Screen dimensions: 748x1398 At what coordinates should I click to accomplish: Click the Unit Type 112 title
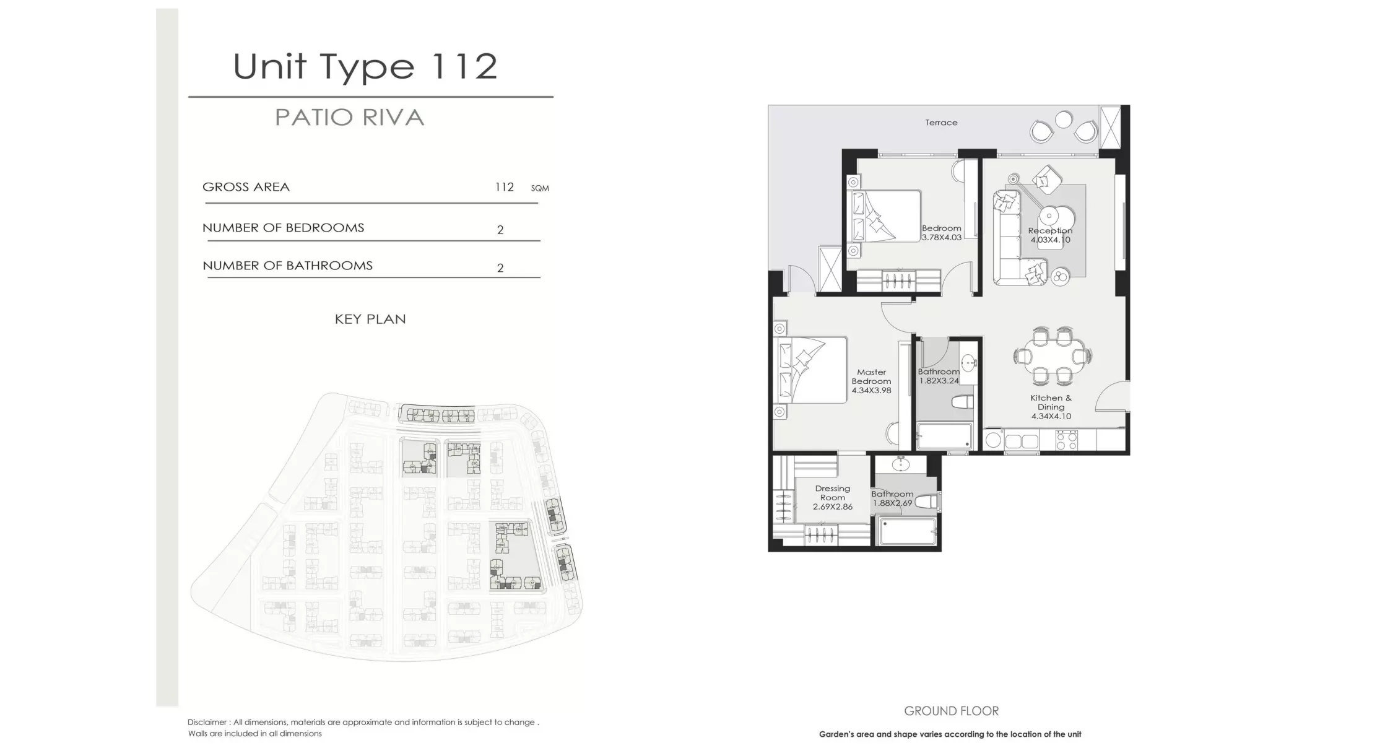[x=365, y=66]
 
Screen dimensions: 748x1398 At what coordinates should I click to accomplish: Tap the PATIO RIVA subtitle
[x=349, y=118]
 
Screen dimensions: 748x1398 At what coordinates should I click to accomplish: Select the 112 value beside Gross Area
[x=504, y=187]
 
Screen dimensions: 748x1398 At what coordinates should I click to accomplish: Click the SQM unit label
[x=540, y=188]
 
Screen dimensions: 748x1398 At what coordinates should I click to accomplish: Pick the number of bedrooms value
[x=500, y=230]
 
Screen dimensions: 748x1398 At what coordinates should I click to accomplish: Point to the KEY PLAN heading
[x=370, y=319]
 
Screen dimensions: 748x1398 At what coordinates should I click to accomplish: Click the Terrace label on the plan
[x=941, y=123]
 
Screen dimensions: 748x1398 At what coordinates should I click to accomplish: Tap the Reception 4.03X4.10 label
[x=1050, y=235]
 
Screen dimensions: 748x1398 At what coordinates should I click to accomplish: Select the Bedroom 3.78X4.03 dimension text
[x=941, y=237]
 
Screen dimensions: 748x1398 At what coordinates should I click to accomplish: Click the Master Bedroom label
[x=871, y=376]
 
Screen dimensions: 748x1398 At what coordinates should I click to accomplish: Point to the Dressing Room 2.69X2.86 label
[x=833, y=497]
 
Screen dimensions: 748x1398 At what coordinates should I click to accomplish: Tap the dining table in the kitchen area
[x=1053, y=357]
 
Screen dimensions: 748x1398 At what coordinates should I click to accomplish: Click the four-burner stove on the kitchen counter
[x=1066, y=440]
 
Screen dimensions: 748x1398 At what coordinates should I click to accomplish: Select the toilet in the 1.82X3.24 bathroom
[x=961, y=402]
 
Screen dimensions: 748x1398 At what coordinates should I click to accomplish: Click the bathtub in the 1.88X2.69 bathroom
[x=907, y=532]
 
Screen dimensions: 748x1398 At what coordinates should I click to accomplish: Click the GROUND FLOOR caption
[x=951, y=711]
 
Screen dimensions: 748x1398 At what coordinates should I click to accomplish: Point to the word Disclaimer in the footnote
[x=207, y=722]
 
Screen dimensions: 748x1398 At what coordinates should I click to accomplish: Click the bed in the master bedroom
[x=810, y=370]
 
